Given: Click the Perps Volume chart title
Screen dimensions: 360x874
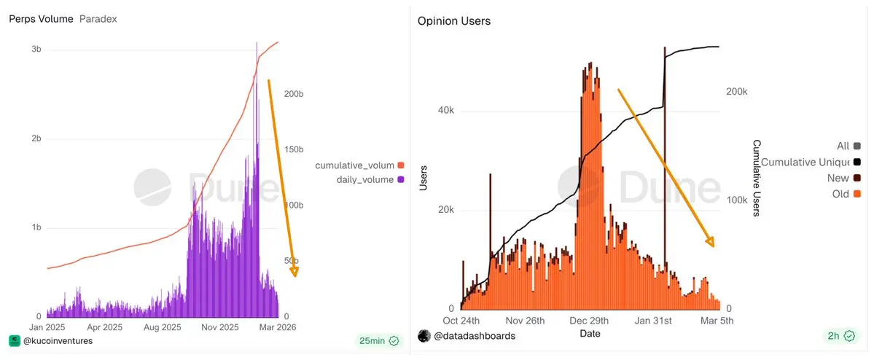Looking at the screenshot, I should coord(41,19).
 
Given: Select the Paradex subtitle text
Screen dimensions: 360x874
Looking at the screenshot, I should coord(98,19).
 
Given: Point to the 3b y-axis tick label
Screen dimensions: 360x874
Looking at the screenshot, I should coord(36,50).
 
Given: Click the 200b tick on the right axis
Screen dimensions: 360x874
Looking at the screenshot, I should coord(294,95).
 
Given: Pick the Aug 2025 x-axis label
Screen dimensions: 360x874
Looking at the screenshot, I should coord(162,327).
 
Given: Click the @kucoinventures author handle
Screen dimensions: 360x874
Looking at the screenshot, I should coord(58,340).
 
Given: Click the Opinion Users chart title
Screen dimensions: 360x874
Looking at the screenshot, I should coord(454,21).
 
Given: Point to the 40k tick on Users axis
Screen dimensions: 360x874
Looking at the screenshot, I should coord(445,111).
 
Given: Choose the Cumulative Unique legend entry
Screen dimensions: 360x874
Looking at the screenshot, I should coord(810,162).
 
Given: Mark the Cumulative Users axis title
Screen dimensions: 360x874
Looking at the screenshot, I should coord(757,179).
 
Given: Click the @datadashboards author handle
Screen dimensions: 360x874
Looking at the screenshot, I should coord(474,336).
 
